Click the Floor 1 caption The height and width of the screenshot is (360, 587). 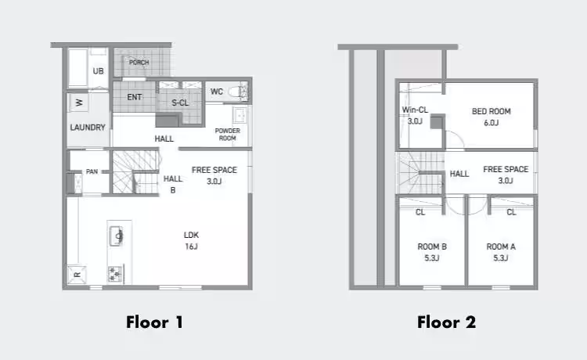click(154, 322)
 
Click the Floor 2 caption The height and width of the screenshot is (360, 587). click(446, 322)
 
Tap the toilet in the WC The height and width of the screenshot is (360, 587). click(238, 92)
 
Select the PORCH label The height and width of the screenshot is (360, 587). click(139, 62)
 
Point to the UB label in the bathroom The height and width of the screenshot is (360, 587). click(98, 71)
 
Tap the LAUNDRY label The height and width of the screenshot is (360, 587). click(88, 128)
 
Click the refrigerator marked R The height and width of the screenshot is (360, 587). click(77, 275)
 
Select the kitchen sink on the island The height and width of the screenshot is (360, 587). click(116, 236)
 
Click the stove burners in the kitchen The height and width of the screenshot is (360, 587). click(115, 274)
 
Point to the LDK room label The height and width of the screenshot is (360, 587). click(191, 240)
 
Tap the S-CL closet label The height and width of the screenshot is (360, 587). click(180, 103)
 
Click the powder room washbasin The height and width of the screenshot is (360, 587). click(239, 115)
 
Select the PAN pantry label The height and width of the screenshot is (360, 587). click(92, 171)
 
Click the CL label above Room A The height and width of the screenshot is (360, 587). click(511, 213)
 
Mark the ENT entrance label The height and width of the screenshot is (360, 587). click(135, 97)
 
